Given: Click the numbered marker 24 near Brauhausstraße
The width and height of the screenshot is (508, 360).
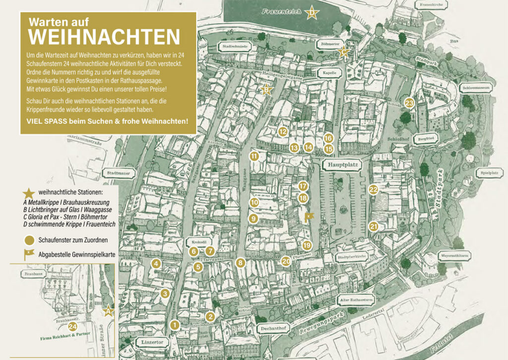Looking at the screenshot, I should pos(72,327).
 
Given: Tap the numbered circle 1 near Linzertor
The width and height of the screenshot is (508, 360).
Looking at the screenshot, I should pos(174,325).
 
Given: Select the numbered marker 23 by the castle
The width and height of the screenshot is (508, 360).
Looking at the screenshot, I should pos(409,103).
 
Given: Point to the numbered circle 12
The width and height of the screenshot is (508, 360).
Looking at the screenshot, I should pos(283,132).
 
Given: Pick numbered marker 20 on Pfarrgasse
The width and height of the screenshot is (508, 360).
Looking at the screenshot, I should pos(286,261).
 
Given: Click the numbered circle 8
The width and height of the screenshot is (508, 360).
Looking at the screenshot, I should pos(241,263).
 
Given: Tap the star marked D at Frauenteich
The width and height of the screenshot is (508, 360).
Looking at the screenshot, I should pos(312,13).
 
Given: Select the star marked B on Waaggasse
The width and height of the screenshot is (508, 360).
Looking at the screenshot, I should pos(266,89).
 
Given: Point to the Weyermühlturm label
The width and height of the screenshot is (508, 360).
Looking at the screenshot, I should pos(454,257).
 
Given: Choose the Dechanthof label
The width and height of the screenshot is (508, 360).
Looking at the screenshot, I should pos(273,328).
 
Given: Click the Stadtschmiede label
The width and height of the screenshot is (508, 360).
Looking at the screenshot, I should pos(236,47).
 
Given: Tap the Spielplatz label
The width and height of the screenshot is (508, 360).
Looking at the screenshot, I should pos(490,173).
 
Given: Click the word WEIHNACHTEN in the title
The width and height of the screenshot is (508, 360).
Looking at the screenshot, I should pos(103,37).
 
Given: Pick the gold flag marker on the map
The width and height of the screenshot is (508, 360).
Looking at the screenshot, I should pos(309,216).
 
